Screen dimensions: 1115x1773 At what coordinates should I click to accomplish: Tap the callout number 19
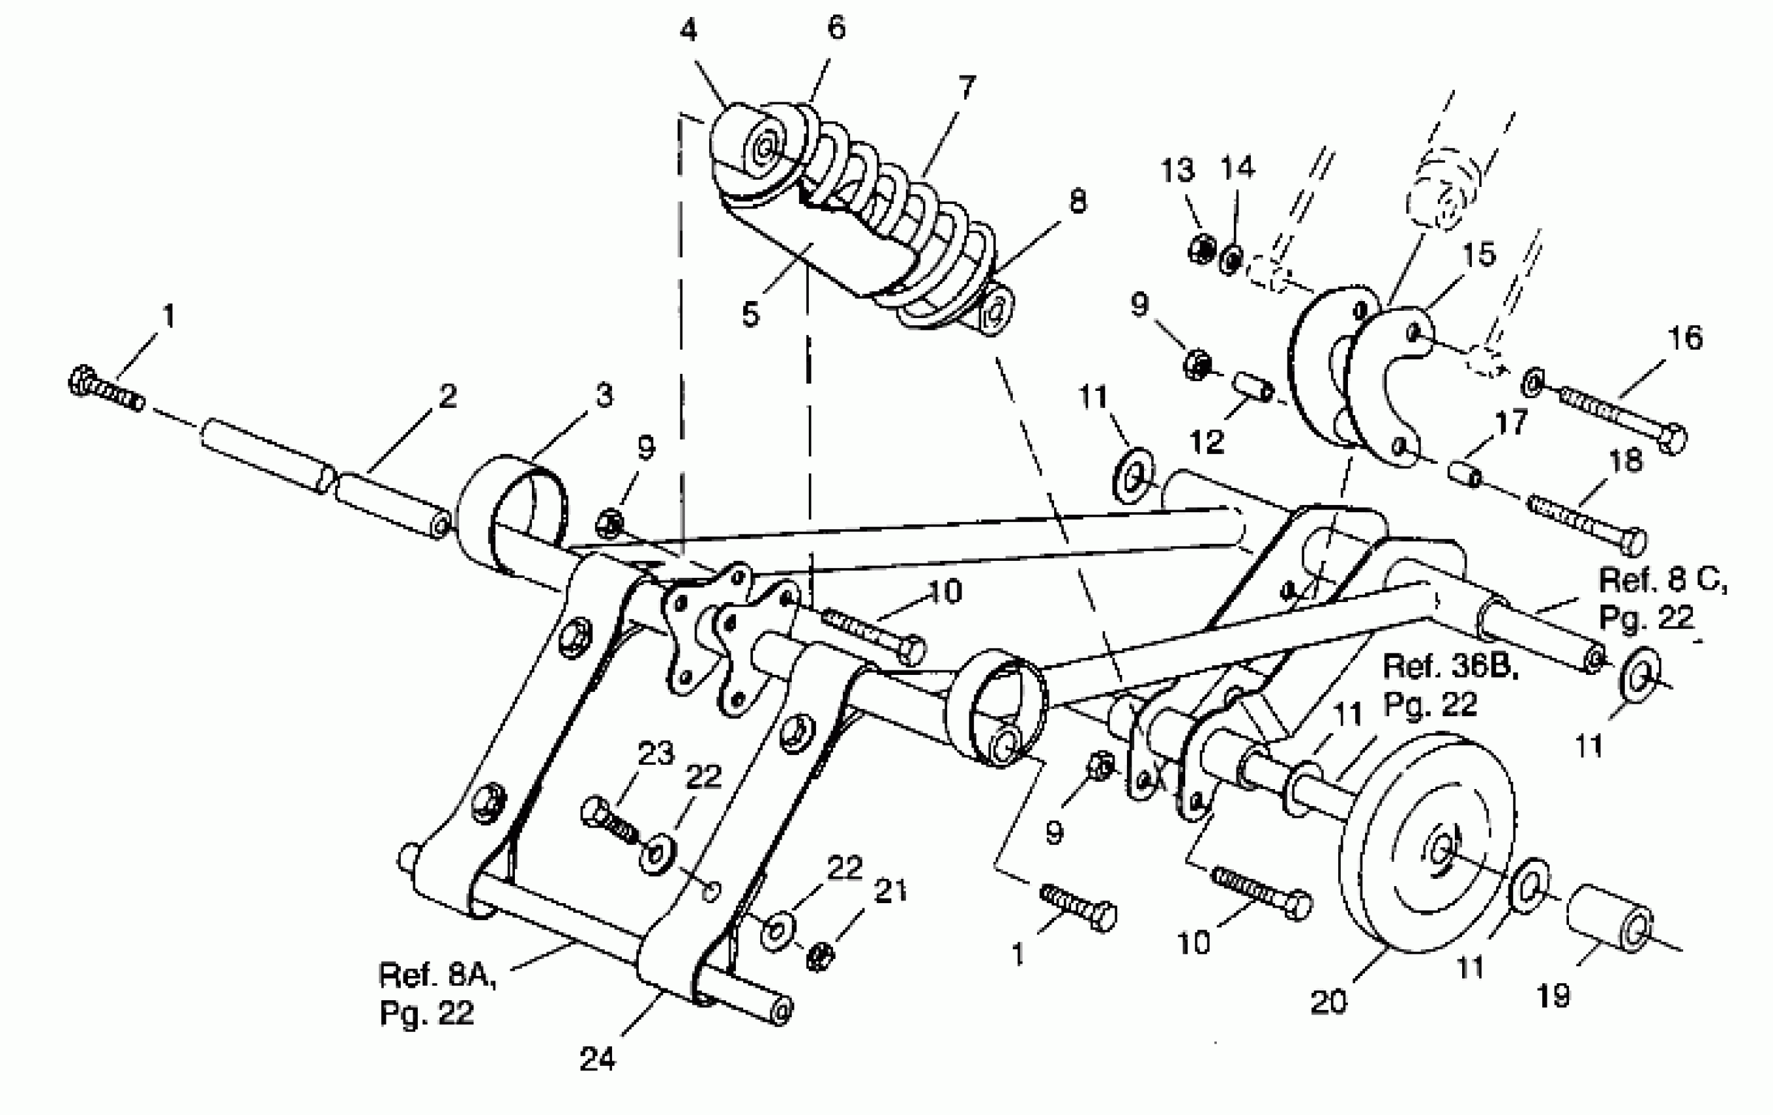[x=1553, y=996]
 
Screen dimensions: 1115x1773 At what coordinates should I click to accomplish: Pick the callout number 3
[x=603, y=395]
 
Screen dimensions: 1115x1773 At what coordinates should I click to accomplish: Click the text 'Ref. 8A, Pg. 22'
[x=436, y=994]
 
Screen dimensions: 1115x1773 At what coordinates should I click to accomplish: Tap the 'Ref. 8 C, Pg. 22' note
[x=1663, y=598]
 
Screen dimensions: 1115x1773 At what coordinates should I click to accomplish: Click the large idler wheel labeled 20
[x=1429, y=843]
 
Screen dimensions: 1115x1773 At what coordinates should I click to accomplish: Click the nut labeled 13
[x=1202, y=248]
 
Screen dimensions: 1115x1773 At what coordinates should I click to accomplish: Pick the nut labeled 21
[x=819, y=956]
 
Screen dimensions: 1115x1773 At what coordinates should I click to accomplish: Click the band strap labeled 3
[x=512, y=516]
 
